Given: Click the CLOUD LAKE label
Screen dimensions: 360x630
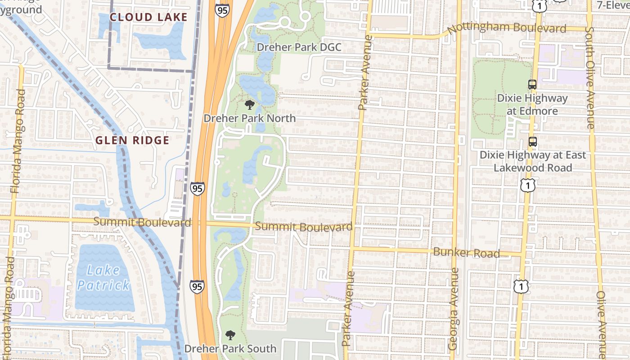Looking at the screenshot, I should click(x=148, y=18).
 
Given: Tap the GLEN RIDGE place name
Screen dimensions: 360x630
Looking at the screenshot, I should click(x=132, y=140).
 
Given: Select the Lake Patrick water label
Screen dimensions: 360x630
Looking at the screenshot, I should click(x=103, y=278).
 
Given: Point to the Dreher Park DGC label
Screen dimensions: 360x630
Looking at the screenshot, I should click(x=299, y=47).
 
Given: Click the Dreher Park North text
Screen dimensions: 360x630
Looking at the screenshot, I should click(x=250, y=118).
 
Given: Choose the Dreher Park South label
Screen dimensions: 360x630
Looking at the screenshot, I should click(x=230, y=349).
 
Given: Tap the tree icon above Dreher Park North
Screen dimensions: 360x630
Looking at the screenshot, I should click(x=249, y=105).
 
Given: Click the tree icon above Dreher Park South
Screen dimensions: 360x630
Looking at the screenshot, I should click(x=230, y=335).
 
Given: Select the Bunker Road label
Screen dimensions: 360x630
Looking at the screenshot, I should click(x=466, y=252).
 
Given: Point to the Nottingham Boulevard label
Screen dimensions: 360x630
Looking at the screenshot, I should click(x=507, y=28).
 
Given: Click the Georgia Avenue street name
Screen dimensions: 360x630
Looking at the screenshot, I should click(x=454, y=309).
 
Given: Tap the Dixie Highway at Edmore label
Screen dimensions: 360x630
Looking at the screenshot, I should click(x=532, y=104).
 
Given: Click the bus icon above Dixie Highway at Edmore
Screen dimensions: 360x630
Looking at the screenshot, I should click(x=532, y=84).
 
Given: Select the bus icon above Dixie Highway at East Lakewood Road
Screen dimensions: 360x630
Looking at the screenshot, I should click(x=533, y=142).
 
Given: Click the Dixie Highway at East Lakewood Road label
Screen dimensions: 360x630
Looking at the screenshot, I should click(x=533, y=161).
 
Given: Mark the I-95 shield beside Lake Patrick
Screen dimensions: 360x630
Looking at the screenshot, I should click(x=197, y=287).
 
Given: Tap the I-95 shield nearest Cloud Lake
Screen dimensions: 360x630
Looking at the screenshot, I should click(x=222, y=10).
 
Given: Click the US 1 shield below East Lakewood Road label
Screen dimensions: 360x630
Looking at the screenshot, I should click(x=527, y=185).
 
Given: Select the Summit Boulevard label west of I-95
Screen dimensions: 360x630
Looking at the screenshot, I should click(x=142, y=222).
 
